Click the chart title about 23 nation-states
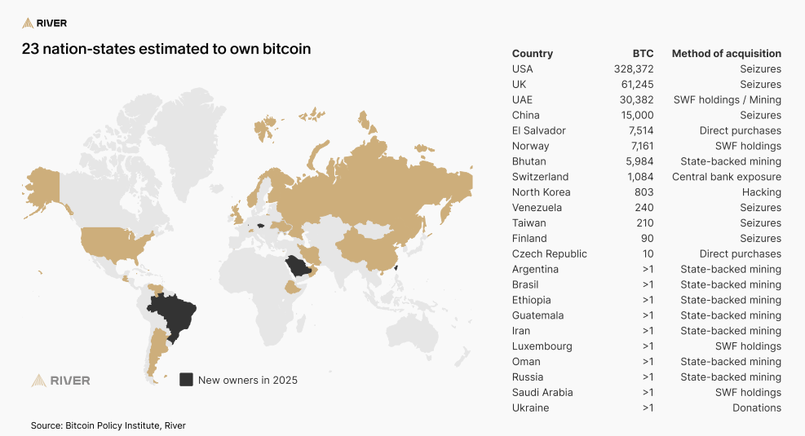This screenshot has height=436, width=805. pos(166,49)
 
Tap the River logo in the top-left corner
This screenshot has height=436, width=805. pos(45,23)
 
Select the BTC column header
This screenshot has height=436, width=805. pos(643,54)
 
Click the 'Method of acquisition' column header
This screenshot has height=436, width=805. pos(726,54)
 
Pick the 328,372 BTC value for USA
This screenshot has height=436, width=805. pos(634,69)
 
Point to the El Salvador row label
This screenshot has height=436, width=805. pos(538,130)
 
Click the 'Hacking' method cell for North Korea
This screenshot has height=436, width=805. pos(761,192)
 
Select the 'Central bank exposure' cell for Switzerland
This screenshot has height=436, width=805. pos(726,177)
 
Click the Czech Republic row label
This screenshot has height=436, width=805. pos(549,253)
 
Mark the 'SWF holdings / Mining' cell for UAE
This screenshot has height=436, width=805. pos(727,100)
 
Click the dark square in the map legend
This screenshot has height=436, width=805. pos(186,380)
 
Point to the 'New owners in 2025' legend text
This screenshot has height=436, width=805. pos(248,380)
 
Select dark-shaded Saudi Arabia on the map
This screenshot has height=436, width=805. pos(299,266)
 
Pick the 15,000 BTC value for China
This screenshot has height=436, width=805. pos(637,116)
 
